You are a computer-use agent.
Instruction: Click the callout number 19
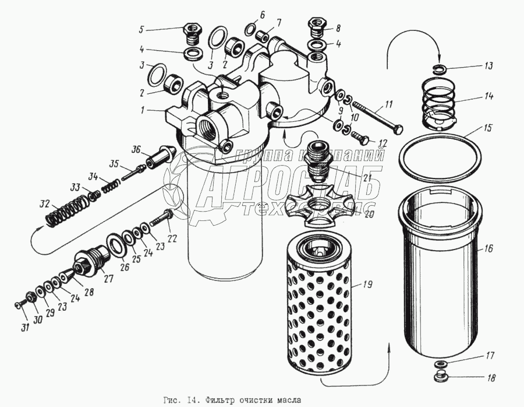pos(367,285)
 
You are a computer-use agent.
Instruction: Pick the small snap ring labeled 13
pos(441,69)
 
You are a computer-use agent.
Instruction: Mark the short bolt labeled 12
pos(361,139)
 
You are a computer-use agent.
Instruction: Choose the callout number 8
pos(338,27)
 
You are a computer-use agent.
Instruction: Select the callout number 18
pos(491,378)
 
